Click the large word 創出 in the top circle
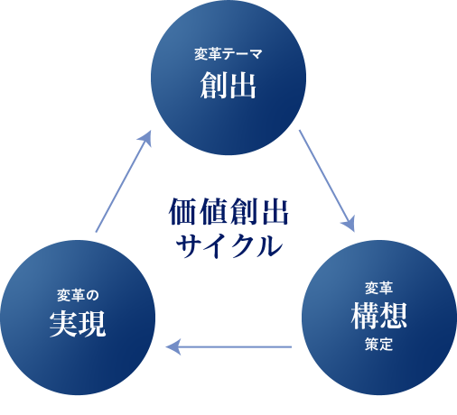pyautogui.click(x=228, y=86)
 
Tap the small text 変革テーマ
pyautogui.click(x=228, y=54)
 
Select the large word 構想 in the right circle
pyautogui.click(x=379, y=317)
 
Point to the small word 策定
pyautogui.click(x=379, y=345)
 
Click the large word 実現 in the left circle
pyautogui.click(x=77, y=323)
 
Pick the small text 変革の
pyautogui.click(x=77, y=293)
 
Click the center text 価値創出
pyautogui.click(x=228, y=213)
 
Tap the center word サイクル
pyautogui.click(x=228, y=244)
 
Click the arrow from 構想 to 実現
pyautogui.click(x=230, y=346)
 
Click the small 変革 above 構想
pyautogui.click(x=379, y=289)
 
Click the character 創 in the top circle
pyautogui.click(x=213, y=86)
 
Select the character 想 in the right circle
pyautogui.click(x=395, y=317)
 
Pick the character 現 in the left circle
pyautogui.click(x=92, y=323)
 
